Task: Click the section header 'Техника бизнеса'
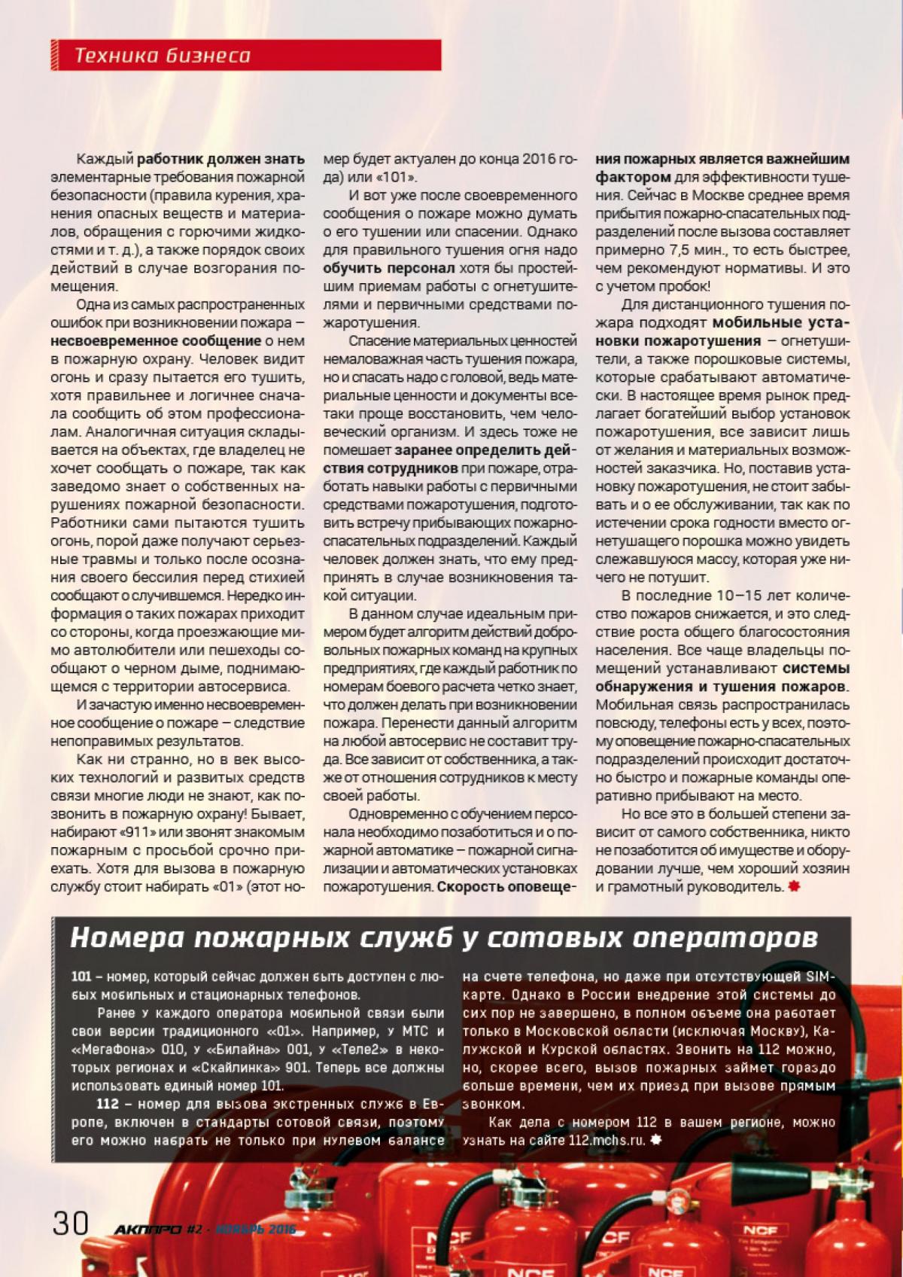click(x=163, y=55)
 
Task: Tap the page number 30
click(x=70, y=1222)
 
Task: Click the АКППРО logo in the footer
click(x=147, y=1229)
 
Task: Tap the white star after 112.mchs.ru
click(x=655, y=1140)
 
